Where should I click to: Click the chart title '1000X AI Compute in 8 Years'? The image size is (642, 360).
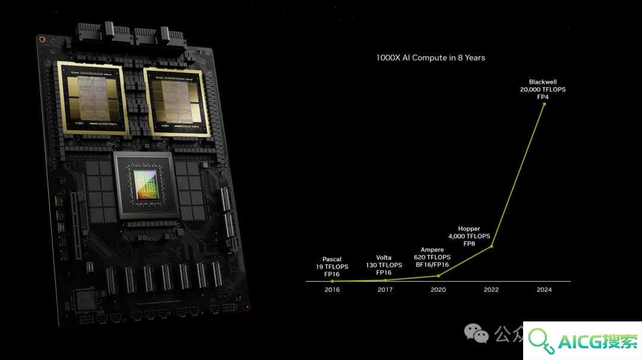point(430,58)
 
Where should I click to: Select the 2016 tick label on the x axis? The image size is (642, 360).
point(332,290)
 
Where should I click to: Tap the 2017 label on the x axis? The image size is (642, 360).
point(385,290)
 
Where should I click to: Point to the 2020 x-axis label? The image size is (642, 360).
point(438,290)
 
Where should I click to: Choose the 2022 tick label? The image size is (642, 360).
point(491,290)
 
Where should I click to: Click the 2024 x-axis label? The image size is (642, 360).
point(544,290)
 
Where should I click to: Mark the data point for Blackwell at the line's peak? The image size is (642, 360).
point(544,105)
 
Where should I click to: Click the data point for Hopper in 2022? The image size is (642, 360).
point(492,247)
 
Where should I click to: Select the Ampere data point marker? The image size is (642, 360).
point(439,276)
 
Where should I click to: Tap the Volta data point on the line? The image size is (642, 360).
point(385,280)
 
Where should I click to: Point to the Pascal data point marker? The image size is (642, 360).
point(332,281)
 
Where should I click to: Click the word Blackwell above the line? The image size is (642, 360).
point(543,82)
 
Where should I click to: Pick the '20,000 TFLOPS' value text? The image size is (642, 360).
point(543,89)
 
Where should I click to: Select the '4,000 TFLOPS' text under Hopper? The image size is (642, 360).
point(469,236)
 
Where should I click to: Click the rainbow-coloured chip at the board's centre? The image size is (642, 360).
point(146,185)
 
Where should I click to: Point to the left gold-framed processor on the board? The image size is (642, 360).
point(93,98)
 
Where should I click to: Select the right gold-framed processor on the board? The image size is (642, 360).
point(178,102)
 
